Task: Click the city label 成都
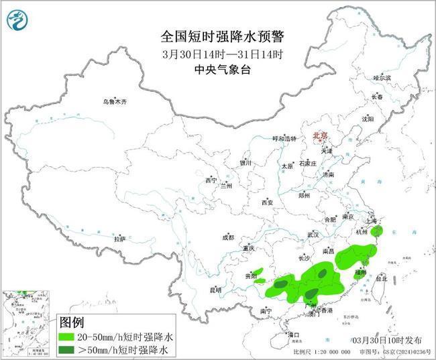tap(227, 237)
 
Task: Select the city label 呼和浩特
tap(283, 138)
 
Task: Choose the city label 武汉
tap(313, 235)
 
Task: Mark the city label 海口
tap(292, 334)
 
